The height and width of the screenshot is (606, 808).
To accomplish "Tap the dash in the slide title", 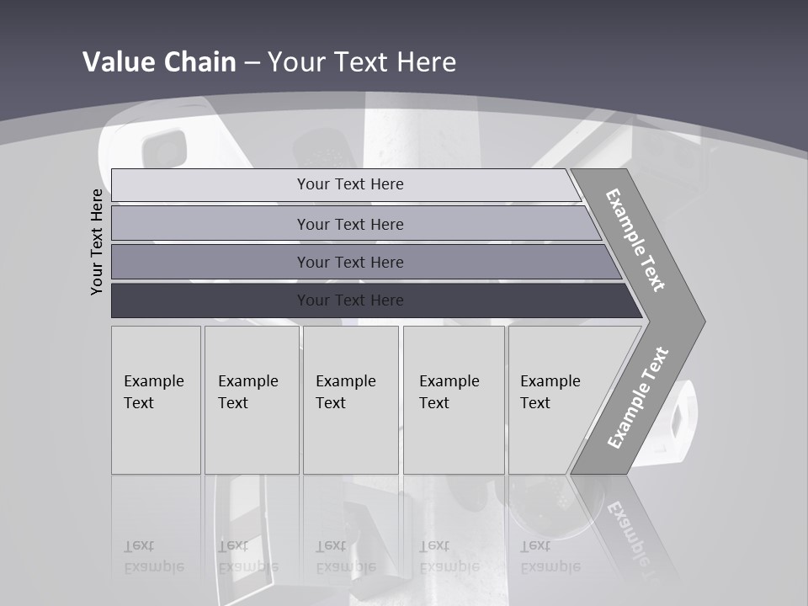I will click(252, 63).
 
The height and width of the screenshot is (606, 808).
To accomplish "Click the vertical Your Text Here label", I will click(97, 242).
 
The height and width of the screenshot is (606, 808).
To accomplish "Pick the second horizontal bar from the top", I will click(349, 224).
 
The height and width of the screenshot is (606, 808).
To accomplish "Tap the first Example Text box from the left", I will click(156, 400).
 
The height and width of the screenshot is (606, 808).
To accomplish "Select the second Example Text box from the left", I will click(251, 400).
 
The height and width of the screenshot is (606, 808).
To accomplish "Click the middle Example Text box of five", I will click(350, 400).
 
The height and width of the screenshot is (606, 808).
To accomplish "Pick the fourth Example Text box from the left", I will click(453, 400).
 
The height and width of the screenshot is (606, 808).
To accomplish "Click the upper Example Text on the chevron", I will click(635, 240).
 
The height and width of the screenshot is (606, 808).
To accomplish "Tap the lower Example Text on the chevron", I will click(637, 398).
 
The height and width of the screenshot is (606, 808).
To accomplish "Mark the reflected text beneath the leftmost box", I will click(154, 556).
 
